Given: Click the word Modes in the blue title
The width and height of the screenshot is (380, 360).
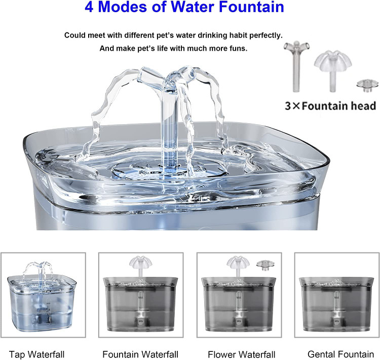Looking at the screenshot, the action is (123, 7).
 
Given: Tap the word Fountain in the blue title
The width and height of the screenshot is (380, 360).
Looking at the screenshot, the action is (251, 7).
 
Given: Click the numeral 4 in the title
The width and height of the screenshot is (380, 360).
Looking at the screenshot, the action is (89, 7).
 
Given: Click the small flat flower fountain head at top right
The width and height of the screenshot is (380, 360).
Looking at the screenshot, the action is (367, 85).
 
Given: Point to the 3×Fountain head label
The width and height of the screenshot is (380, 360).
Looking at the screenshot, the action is (330, 106).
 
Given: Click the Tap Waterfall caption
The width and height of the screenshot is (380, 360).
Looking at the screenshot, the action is (37, 354).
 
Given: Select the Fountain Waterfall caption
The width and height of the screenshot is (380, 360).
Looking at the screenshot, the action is (140, 354).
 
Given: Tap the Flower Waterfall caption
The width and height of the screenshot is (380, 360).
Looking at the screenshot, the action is (242, 354).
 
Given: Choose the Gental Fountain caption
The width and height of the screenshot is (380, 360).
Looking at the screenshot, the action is (341, 354).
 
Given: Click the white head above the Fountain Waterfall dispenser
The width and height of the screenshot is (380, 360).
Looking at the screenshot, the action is (140, 266).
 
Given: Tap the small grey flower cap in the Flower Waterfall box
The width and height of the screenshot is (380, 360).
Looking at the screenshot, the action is (265, 264).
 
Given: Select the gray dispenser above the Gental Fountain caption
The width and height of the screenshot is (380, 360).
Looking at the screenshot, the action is (336, 304).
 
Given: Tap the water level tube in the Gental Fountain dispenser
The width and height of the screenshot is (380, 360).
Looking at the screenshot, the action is (336, 309).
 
